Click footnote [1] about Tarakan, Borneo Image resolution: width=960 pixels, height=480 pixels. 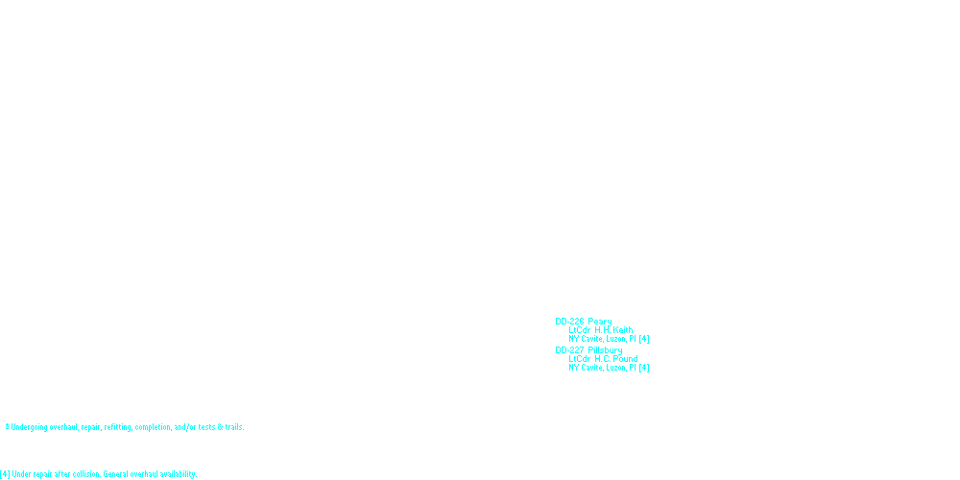[x=58, y=437]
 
